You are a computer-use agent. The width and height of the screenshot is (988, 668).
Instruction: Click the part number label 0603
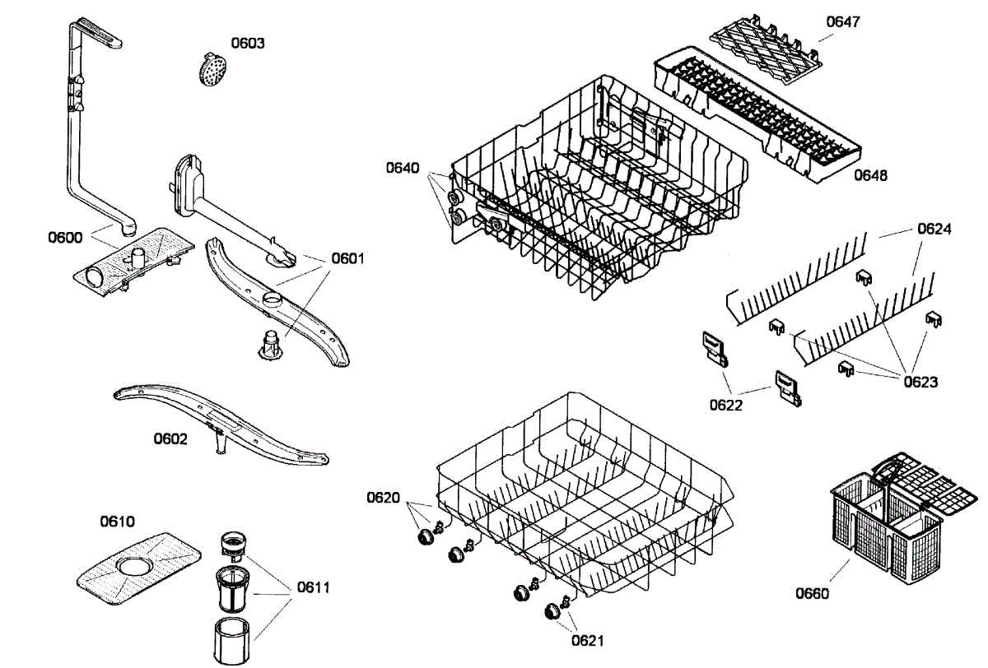pyautogui.click(x=247, y=43)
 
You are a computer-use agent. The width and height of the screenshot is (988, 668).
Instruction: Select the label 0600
pyautogui.click(x=65, y=238)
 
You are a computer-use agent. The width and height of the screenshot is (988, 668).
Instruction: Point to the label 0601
pyautogui.click(x=347, y=258)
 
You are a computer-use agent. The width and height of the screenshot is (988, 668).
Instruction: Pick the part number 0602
pyautogui.click(x=170, y=438)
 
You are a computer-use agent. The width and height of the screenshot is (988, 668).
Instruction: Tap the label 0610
pyautogui.click(x=117, y=522)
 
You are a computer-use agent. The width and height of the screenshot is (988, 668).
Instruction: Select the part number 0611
pyautogui.click(x=314, y=587)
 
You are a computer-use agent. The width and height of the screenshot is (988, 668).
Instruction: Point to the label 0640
pyautogui.click(x=403, y=169)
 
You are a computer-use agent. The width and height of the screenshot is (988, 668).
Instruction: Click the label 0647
pyautogui.click(x=842, y=22)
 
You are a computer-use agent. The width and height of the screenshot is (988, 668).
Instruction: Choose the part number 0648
pyautogui.click(x=870, y=174)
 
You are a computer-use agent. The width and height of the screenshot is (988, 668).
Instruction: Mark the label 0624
pyautogui.click(x=934, y=230)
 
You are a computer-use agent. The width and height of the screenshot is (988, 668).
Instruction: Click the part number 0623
pyautogui.click(x=920, y=382)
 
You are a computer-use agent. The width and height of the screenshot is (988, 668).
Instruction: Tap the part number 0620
pyautogui.click(x=384, y=497)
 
